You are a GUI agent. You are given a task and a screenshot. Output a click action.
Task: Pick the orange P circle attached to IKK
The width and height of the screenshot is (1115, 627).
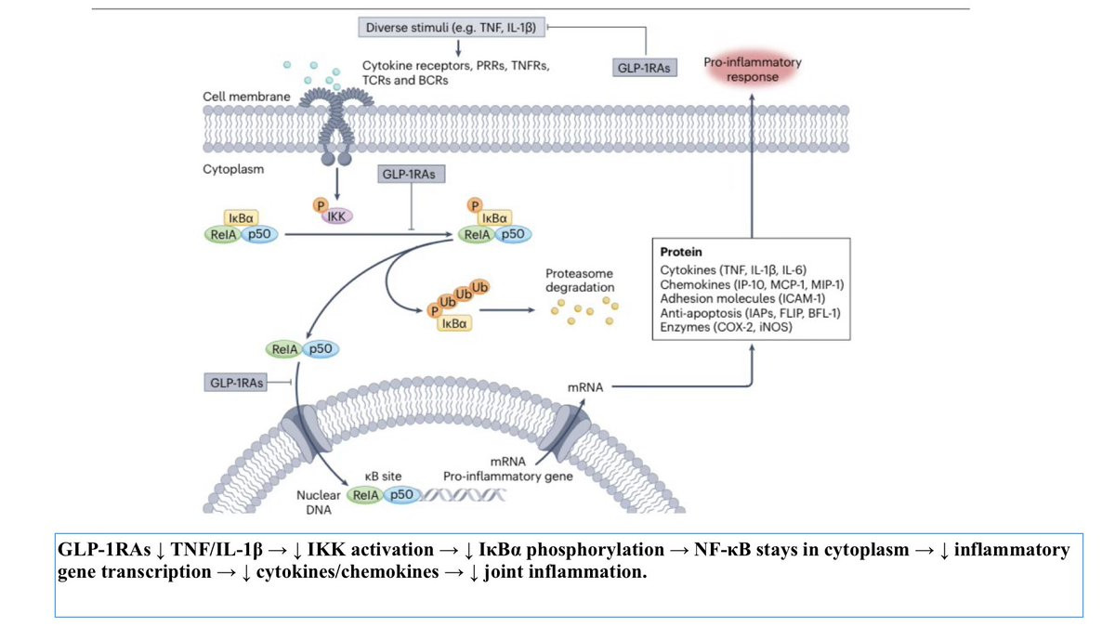click(321, 202)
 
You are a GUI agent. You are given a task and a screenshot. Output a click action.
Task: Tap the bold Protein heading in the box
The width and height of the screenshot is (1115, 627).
click(680, 253)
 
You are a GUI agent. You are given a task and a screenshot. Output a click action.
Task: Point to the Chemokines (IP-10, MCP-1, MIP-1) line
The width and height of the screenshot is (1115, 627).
click(752, 284)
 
